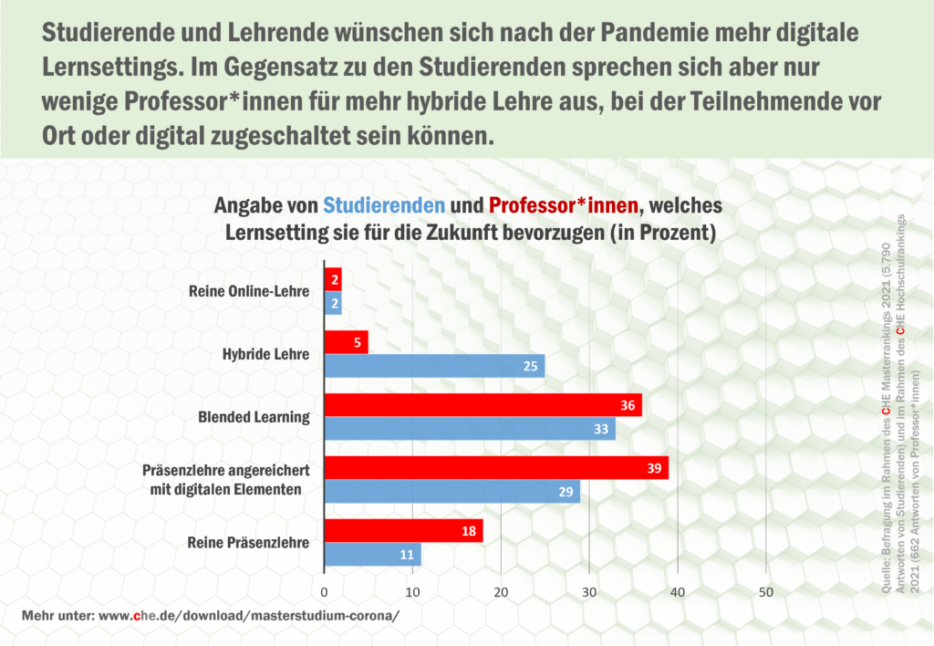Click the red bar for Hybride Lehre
(x=347, y=342)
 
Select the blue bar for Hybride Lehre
(x=435, y=366)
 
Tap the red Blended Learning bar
(x=483, y=405)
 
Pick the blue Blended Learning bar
(x=470, y=429)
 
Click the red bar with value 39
(x=496, y=468)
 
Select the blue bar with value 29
(x=452, y=492)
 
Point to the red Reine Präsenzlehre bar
(x=404, y=531)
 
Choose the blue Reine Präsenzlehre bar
(x=373, y=554)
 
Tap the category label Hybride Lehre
(x=265, y=354)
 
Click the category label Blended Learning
(x=254, y=417)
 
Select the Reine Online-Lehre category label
(x=248, y=291)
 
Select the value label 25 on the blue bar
(x=531, y=367)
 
